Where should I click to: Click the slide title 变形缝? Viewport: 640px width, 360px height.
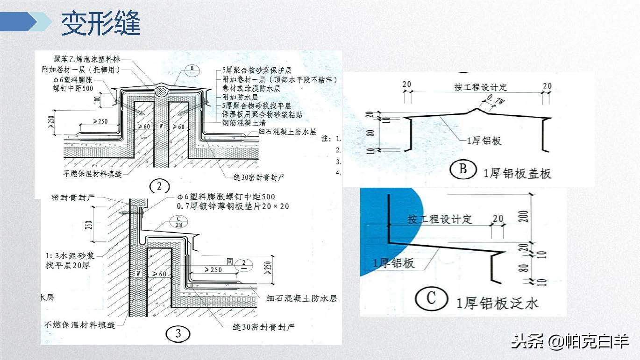point(100,23)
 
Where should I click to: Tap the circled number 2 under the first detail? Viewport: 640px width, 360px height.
point(160,186)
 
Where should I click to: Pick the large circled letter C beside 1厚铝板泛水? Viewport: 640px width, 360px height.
point(431,298)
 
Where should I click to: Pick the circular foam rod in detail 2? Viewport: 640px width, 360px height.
point(160,90)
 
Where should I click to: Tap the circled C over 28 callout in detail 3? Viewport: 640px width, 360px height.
point(178,222)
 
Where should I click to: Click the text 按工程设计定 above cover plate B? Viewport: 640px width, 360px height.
point(480,87)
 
